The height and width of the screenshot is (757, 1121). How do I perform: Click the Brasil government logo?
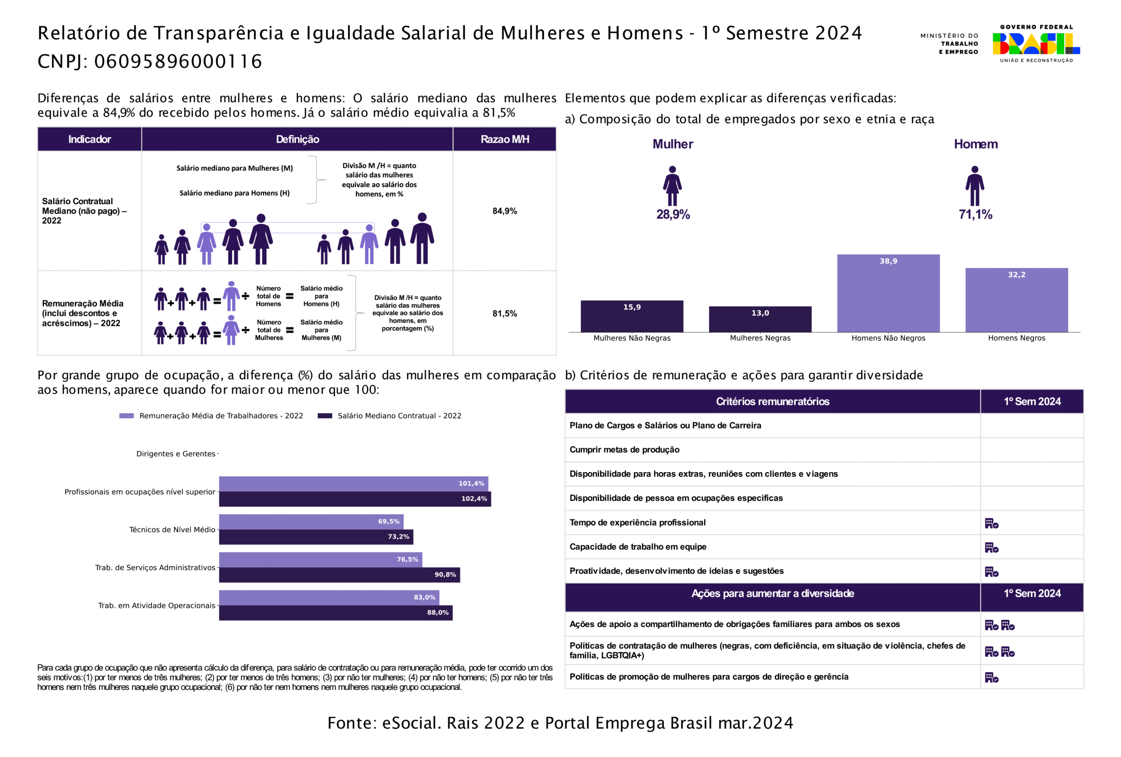click(1036, 43)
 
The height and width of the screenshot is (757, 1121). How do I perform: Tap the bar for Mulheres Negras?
click(760, 319)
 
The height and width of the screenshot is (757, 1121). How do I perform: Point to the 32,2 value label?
click(1016, 275)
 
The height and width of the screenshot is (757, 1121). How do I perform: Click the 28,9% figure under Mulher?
click(673, 214)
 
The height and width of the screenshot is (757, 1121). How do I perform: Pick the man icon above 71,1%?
click(974, 186)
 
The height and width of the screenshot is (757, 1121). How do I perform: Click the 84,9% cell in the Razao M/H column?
click(504, 211)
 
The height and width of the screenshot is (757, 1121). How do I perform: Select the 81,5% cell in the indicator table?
click(504, 314)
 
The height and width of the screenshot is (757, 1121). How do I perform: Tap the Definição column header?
click(297, 139)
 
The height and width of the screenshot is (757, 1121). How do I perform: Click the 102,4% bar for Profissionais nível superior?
click(355, 499)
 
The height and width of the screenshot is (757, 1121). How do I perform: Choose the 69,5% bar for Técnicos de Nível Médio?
click(311, 522)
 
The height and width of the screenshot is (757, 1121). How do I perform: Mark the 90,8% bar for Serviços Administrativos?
click(339, 575)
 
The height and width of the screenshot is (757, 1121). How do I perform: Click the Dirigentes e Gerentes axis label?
click(176, 454)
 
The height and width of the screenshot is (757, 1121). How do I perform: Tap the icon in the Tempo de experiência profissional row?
click(991, 524)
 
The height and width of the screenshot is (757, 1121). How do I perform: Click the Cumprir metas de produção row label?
click(624, 449)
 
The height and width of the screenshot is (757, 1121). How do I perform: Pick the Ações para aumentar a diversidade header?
click(772, 594)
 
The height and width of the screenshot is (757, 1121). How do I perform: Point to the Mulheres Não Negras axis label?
click(632, 338)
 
